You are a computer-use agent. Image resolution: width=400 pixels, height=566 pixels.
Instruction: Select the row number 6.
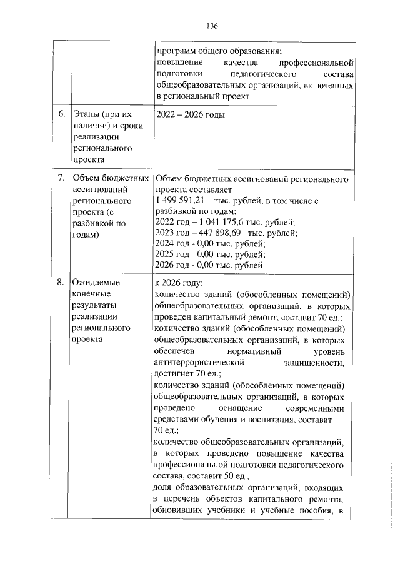[61, 114]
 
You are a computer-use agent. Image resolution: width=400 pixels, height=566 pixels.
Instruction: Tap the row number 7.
[61, 179]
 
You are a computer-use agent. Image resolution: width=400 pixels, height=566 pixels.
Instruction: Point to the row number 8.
[61, 282]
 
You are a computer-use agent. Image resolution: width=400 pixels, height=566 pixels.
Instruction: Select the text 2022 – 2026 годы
[189, 114]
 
